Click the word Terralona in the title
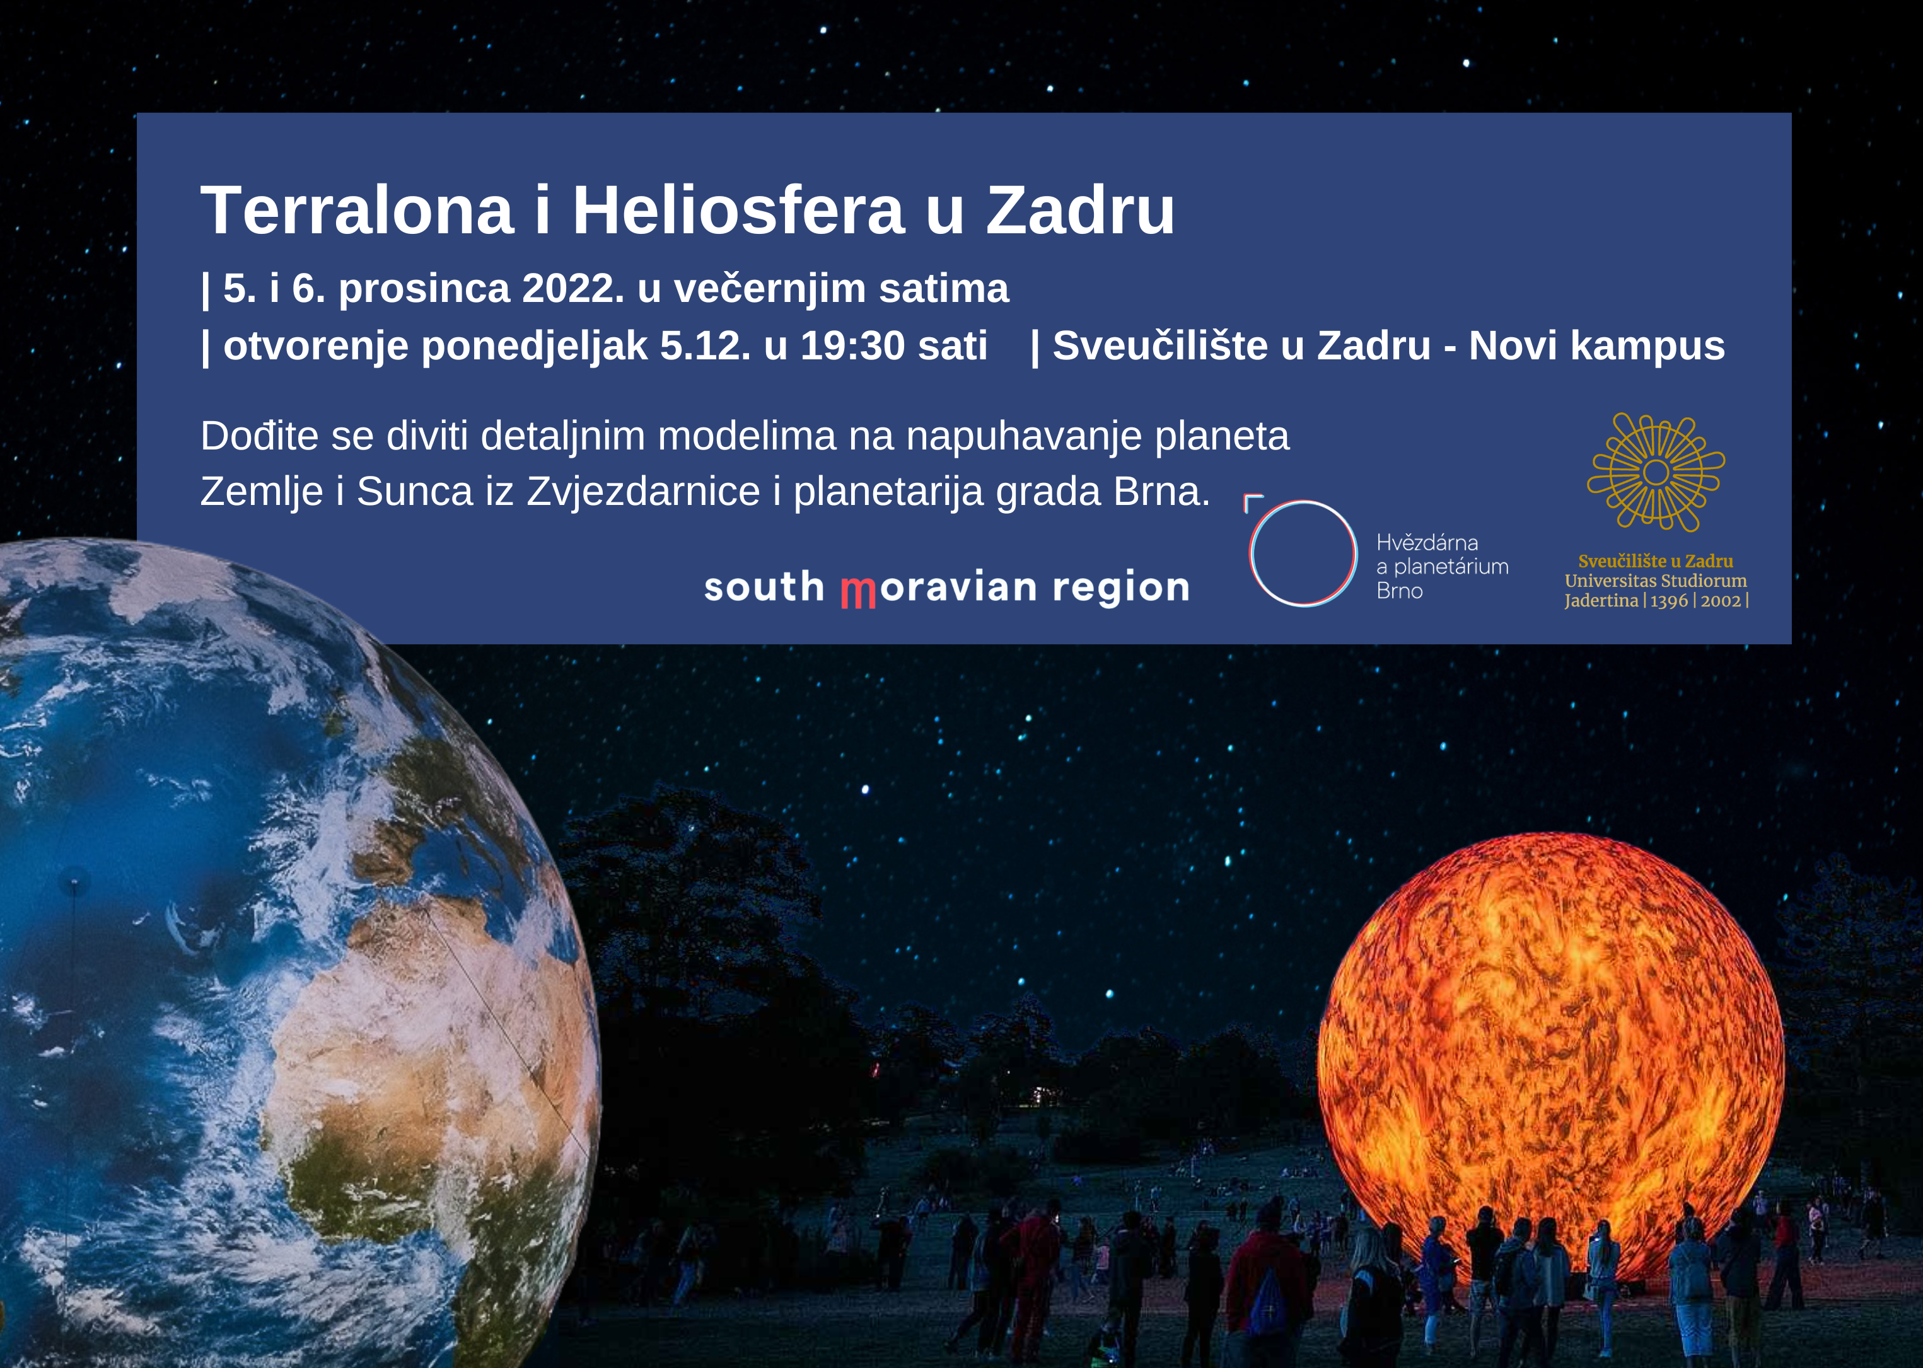click(357, 210)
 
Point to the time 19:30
click(852, 345)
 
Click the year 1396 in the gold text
click(1669, 601)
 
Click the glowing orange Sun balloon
click(1550, 1049)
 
